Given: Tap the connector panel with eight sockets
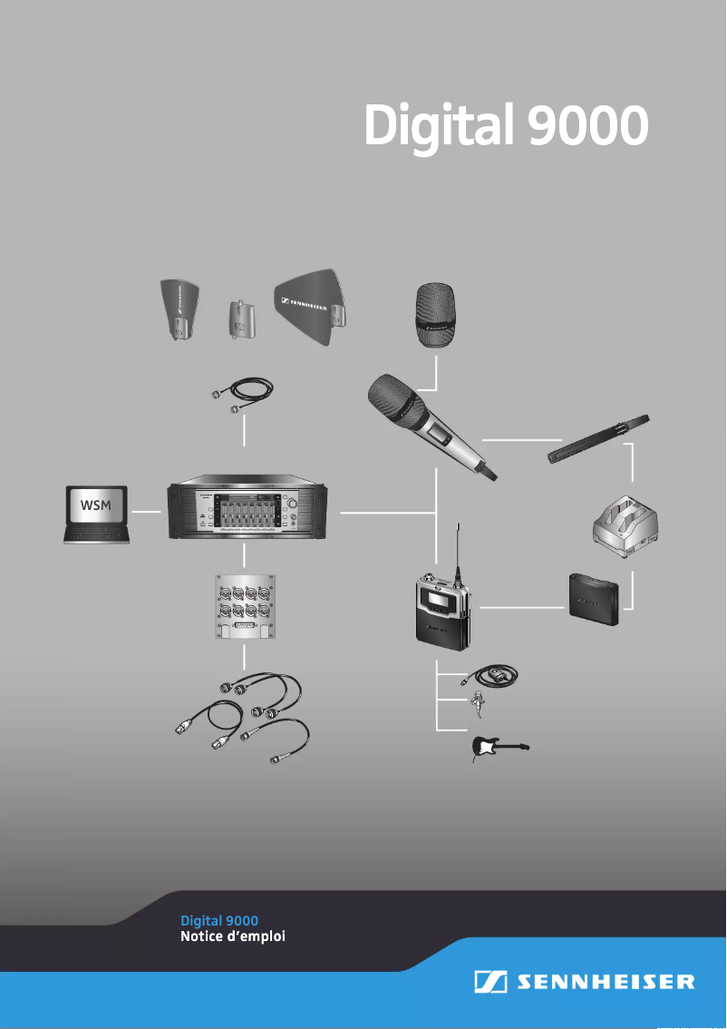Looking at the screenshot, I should coord(245,607).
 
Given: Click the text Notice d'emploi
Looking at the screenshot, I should coord(234,936).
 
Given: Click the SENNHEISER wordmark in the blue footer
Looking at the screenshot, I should coord(606,982).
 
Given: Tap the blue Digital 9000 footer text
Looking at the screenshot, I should coord(219,921).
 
